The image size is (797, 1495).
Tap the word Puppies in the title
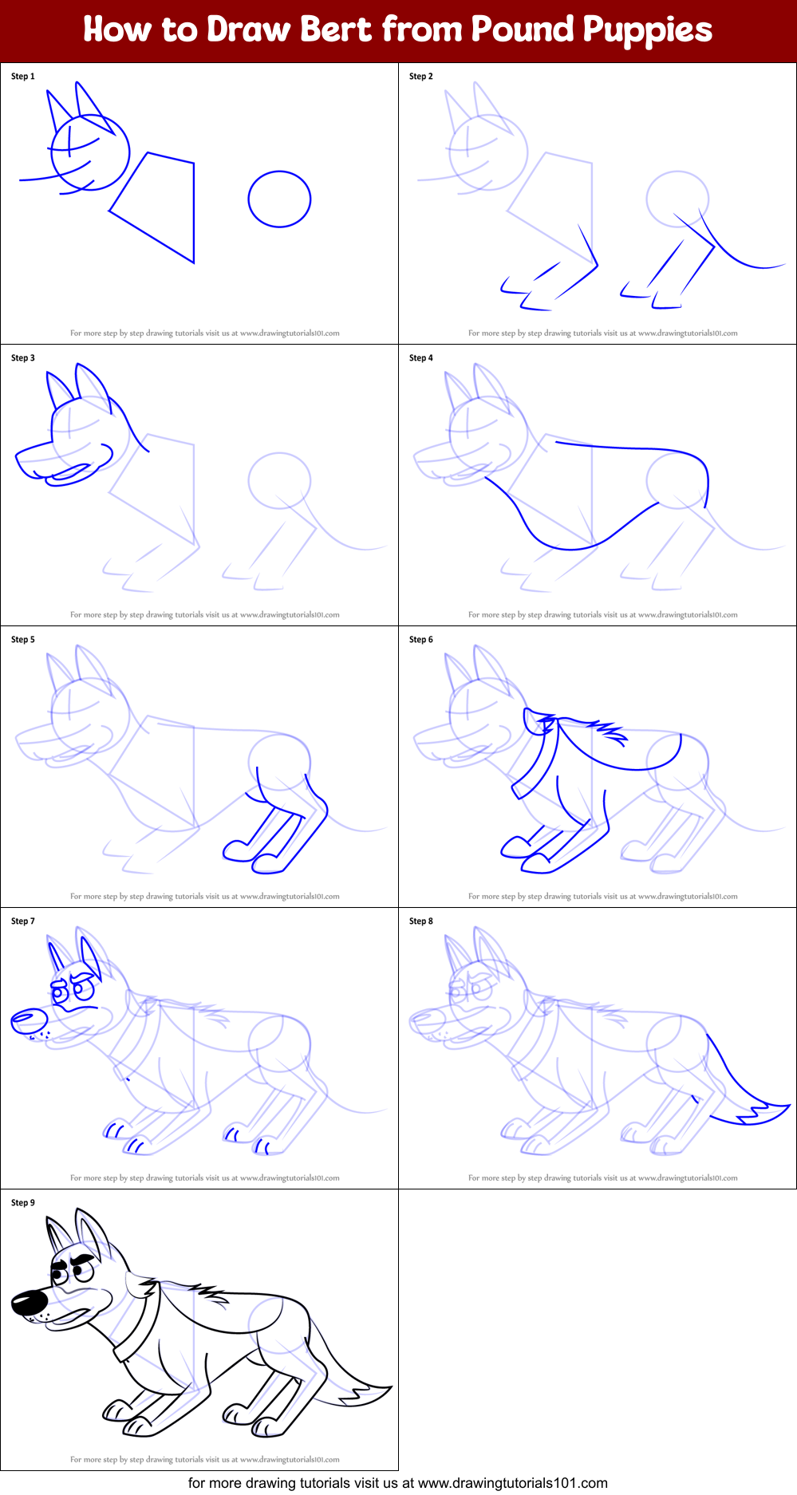click(647, 30)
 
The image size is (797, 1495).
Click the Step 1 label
click(23, 77)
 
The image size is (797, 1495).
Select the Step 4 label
click(421, 358)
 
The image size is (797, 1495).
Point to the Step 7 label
click(23, 921)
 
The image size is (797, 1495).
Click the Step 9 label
click(23, 1203)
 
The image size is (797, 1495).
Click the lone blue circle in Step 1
click(279, 199)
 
